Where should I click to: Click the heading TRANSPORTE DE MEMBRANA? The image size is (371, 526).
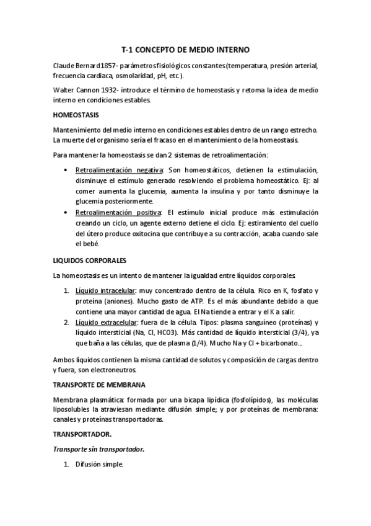coord(100,385)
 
